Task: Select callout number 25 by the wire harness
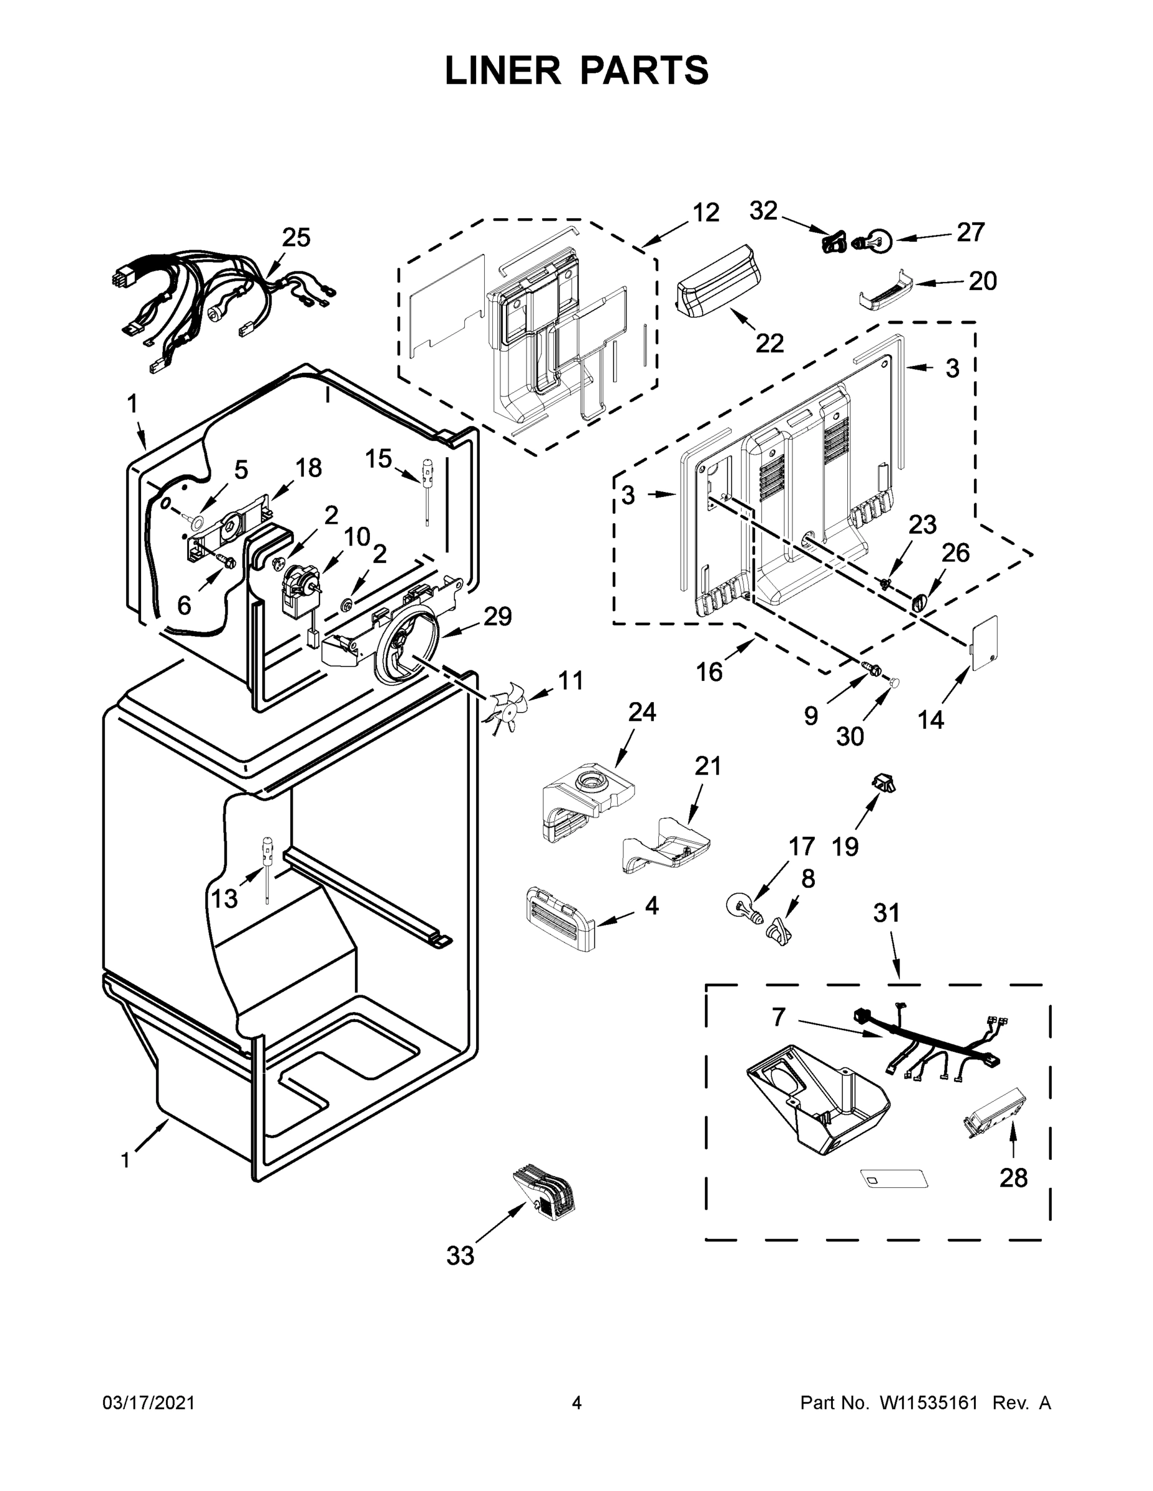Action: point(296,237)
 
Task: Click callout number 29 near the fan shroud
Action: point(497,616)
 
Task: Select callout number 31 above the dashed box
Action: point(886,913)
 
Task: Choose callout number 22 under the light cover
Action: point(769,343)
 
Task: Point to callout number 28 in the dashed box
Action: point(1013,1178)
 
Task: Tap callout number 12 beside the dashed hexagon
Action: point(705,213)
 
